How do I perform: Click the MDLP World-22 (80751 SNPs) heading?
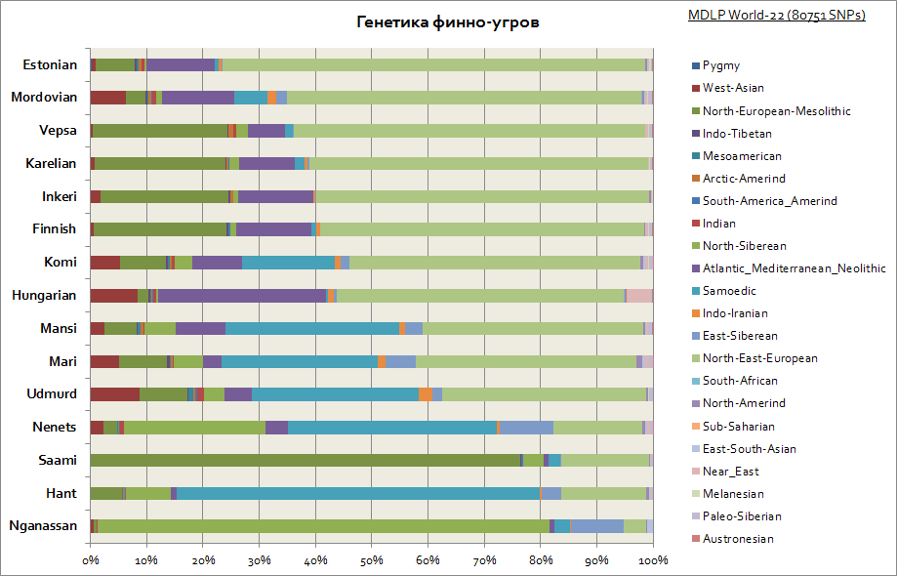776,16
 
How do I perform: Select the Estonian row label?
50,65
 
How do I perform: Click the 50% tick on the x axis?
372,560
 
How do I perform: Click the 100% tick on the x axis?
653,560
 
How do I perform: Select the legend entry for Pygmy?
721,65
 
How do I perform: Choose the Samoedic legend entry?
728,291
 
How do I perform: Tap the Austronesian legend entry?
738,539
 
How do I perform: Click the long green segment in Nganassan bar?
323,526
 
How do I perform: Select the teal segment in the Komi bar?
288,262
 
